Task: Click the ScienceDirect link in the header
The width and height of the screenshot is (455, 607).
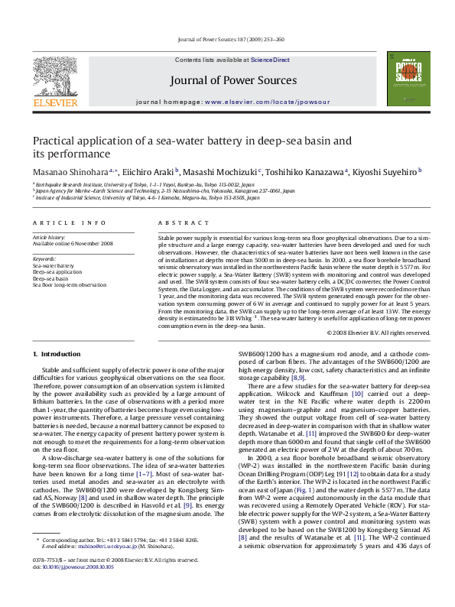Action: point(270,60)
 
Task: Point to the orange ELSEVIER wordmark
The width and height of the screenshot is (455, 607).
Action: point(54,102)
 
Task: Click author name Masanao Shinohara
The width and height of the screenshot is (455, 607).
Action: point(70,172)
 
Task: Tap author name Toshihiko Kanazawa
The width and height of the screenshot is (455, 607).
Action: point(310,172)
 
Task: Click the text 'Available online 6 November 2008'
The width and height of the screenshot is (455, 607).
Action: point(73,243)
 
